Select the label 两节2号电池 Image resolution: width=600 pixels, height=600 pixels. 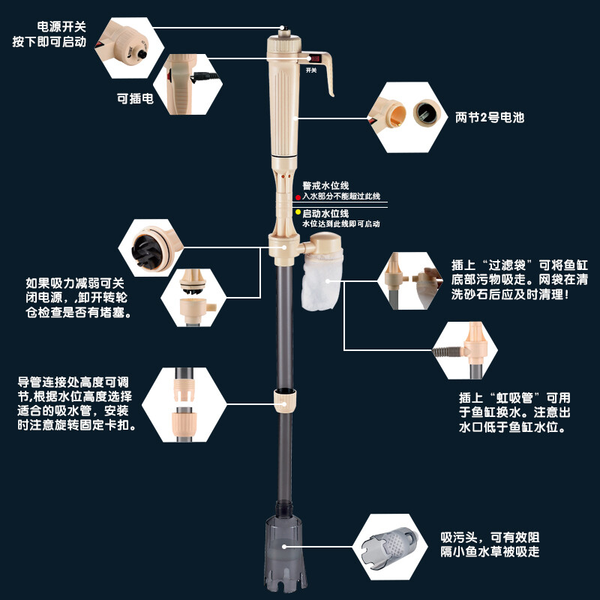point(490,117)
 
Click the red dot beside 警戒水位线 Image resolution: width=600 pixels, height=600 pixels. point(298,196)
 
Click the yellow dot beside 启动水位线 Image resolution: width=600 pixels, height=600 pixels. point(298,213)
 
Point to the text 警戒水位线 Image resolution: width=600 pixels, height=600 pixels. point(325,185)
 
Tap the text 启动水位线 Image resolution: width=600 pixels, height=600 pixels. point(325,213)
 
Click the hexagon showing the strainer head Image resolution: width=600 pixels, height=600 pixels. point(389,547)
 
